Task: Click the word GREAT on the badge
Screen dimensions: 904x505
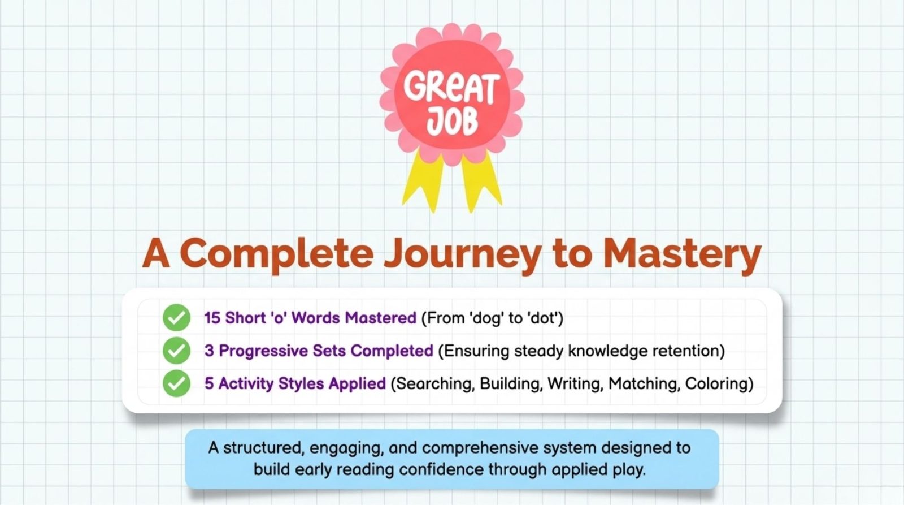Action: [451, 88]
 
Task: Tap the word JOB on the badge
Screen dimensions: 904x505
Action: [452, 122]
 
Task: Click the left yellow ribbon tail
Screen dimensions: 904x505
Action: [423, 181]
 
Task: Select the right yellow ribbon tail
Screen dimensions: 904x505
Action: [481, 182]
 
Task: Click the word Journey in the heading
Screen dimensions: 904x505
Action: [462, 254]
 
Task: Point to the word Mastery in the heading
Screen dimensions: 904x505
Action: [682, 254]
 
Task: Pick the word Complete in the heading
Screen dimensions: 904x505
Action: [276, 254]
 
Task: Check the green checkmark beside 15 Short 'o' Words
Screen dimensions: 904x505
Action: [176, 318]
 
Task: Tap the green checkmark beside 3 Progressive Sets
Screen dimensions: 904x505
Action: [176, 350]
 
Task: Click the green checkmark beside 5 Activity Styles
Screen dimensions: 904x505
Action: [176, 383]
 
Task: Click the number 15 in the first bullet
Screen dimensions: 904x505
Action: [212, 318]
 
